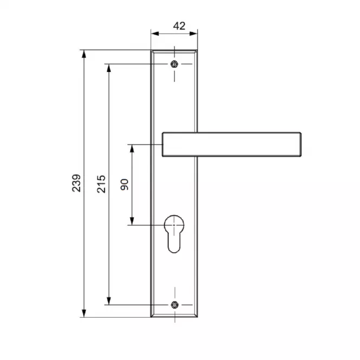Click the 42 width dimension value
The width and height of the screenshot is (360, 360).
(179, 26)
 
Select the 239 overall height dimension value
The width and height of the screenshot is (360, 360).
(76, 183)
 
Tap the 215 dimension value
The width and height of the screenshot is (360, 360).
(101, 184)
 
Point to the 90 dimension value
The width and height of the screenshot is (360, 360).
(125, 185)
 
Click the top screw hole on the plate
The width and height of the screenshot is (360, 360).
(174, 64)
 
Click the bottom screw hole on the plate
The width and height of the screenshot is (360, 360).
(175, 305)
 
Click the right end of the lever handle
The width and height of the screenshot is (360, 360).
(301, 145)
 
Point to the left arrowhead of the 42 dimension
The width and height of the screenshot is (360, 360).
(155, 34)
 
